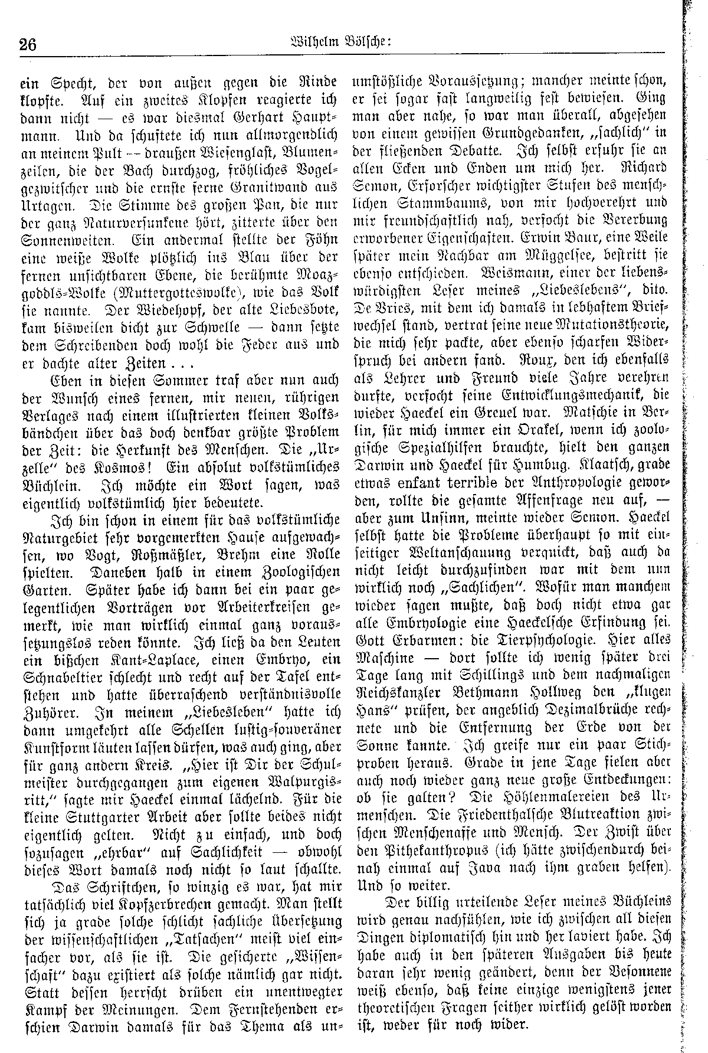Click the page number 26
click(27, 45)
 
